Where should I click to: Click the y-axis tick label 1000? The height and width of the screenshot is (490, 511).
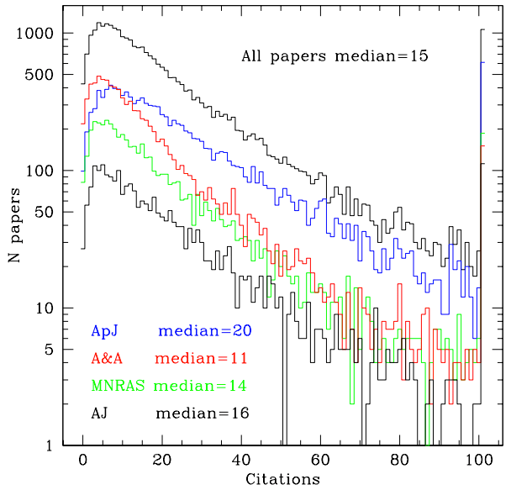tap(36, 34)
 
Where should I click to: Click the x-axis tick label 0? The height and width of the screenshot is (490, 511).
tap(82, 461)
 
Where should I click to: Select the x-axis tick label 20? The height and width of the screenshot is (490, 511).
tap(161, 461)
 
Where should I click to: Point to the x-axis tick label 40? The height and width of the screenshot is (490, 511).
tap(241, 461)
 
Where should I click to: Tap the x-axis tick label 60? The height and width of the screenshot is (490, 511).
tap(320, 461)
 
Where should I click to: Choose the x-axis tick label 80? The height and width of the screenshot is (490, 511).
tap(400, 461)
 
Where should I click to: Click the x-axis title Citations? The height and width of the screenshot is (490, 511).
tap(282, 480)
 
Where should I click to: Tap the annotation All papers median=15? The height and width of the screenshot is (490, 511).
tap(335, 56)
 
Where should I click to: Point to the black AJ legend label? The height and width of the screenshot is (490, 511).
tap(99, 413)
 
